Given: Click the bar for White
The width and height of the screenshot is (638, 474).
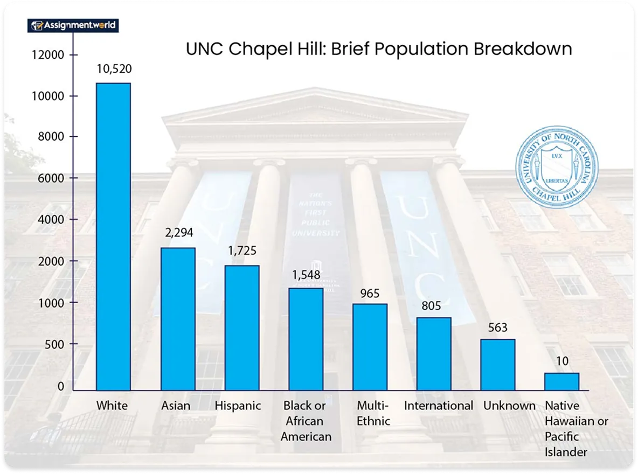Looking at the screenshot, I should point(113,236).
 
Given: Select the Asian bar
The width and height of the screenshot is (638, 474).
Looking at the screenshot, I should point(178,319).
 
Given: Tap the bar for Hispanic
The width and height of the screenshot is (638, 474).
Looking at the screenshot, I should point(242,327).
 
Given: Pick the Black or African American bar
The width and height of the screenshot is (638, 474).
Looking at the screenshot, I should point(306,339).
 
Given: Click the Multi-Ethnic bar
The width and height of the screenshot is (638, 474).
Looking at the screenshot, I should point(370,347).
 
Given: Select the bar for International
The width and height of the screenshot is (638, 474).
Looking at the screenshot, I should point(434,354).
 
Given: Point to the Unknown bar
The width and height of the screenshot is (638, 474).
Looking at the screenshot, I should point(497,365).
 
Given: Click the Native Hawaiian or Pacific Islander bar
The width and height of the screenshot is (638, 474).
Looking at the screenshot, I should point(561,381).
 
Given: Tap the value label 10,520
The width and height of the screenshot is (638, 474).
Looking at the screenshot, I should point(114,69).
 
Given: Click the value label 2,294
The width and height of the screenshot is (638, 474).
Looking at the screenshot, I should point(178,233).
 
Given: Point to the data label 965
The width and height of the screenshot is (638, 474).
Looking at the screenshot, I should point(370,294).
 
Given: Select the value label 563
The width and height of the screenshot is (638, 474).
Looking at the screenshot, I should point(497,328).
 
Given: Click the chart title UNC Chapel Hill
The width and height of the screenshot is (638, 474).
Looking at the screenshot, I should point(378,48).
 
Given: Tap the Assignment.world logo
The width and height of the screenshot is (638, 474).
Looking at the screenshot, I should point(73,25).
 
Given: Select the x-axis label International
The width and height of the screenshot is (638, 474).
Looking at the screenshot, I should point(438,406).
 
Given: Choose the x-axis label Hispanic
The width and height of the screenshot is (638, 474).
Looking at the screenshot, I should point(238,406).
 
